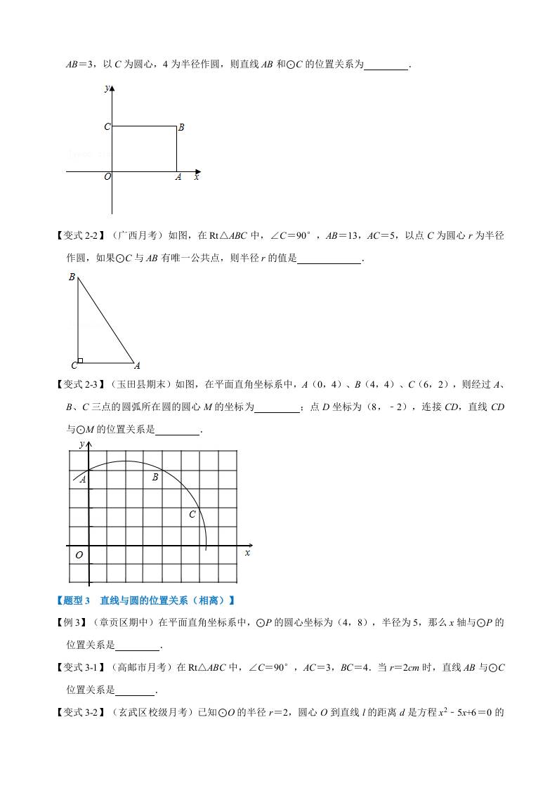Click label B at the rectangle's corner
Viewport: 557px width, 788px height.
click(181, 128)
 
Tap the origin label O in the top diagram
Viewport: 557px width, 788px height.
click(107, 177)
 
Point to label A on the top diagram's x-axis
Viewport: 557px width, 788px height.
click(178, 178)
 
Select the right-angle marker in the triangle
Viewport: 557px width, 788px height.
click(81, 360)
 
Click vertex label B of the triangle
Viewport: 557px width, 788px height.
click(72, 277)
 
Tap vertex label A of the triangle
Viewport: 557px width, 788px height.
click(137, 365)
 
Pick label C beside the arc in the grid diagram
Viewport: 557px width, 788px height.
click(192, 515)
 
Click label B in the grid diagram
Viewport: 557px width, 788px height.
click(155, 478)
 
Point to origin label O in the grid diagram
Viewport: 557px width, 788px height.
click(79, 555)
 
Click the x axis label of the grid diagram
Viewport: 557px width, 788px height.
click(247, 553)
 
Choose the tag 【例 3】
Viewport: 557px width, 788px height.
click(71, 622)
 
